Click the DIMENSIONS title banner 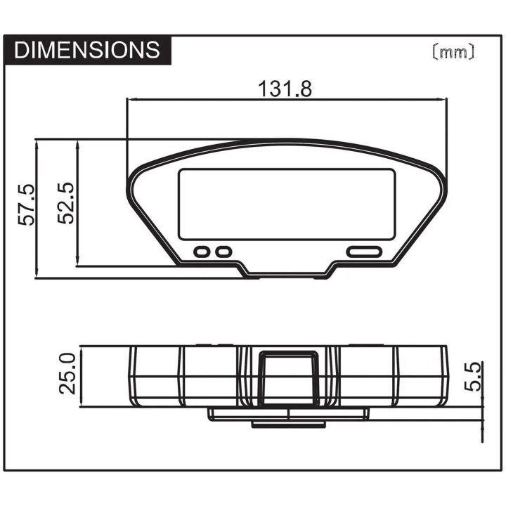(x=87, y=50)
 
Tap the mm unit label (x=453, y=51)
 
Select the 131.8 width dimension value (x=285, y=89)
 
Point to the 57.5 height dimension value (x=26, y=205)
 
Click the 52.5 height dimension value (x=65, y=203)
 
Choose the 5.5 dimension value (x=473, y=377)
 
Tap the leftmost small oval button (x=202, y=252)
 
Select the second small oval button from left (x=223, y=252)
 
